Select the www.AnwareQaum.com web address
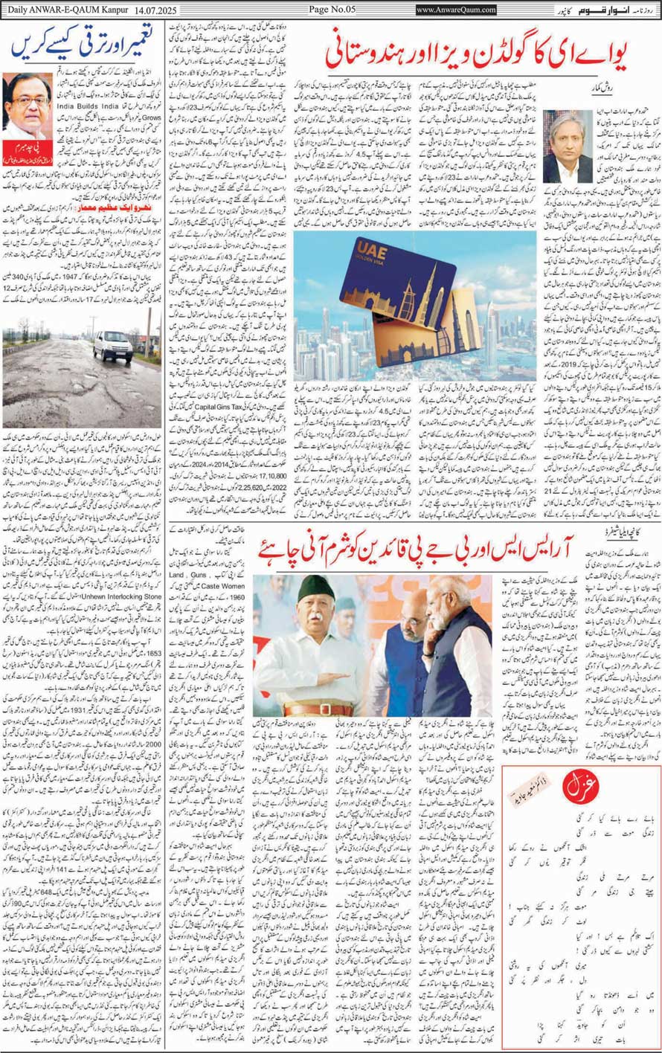tap(456, 10)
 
